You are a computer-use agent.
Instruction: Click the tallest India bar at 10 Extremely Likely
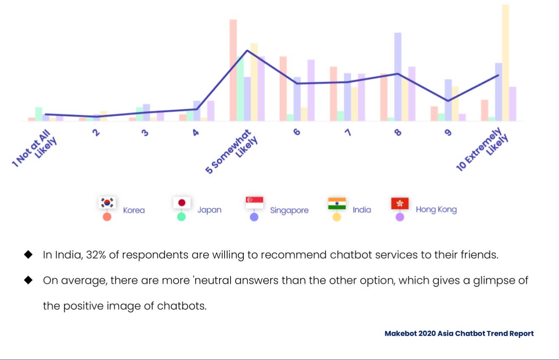tap(505, 63)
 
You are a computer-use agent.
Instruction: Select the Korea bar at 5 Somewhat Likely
tap(233, 70)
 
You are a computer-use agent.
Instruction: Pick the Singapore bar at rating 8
tap(398, 77)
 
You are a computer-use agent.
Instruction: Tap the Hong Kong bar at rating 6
tap(311, 90)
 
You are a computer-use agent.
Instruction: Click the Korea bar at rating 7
tap(334, 94)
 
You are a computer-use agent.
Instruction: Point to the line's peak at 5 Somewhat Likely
tap(247, 51)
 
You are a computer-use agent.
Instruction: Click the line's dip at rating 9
tap(448, 101)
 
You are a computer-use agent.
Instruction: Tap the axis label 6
tap(297, 132)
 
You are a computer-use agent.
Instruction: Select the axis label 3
tap(145, 133)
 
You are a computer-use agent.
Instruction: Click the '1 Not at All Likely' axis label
tap(34, 148)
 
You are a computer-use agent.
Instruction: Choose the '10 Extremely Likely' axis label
tap(482, 149)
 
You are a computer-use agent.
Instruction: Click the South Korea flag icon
tap(107, 203)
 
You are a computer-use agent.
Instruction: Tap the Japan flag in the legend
tap(182, 203)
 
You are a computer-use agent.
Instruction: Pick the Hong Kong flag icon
tap(400, 203)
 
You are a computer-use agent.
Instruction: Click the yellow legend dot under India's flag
tap(337, 217)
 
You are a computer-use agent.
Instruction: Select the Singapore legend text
tap(289, 210)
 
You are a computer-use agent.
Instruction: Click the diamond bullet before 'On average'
tap(29, 280)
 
